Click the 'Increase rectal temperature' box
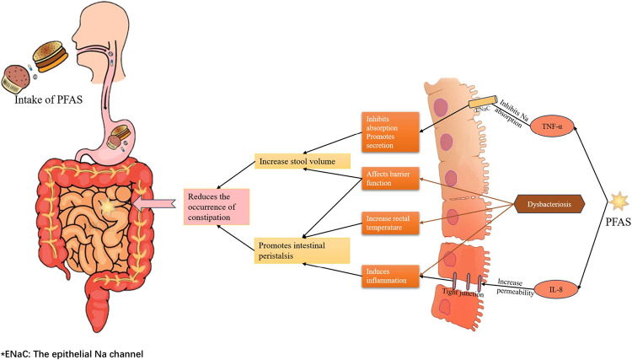point(389,223)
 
